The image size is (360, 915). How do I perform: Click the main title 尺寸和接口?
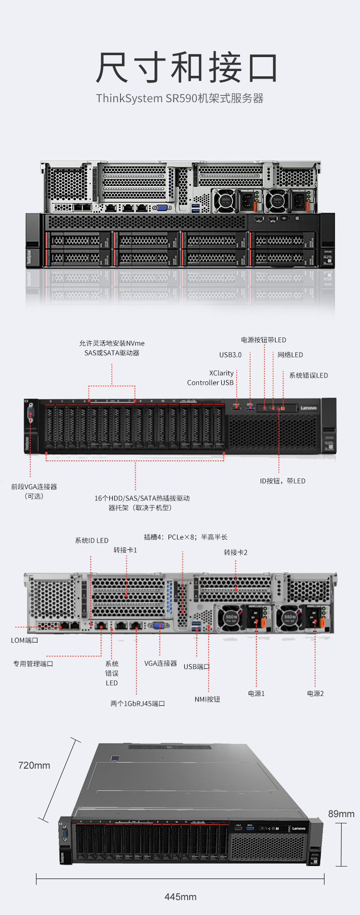pos(187,68)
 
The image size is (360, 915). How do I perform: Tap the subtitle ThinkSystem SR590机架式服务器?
pos(180,98)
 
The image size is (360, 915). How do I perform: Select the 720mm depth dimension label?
pos(34,765)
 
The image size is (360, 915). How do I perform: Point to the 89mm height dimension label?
pos(341,814)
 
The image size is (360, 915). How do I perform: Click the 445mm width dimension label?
pos(180,897)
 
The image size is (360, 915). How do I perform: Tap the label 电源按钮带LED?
pos(264,340)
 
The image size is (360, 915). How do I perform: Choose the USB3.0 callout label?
pos(230,355)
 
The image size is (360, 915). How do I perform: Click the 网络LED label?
pos(290,355)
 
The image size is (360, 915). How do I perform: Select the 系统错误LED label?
pos(309,375)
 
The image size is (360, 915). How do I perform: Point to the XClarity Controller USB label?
pos(211,378)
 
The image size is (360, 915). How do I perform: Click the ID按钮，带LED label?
pos(283,481)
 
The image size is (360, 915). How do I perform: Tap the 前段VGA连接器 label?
pos(34,487)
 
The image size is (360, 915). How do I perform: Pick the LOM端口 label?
pos(24,640)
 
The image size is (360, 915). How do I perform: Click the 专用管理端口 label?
pos(33,664)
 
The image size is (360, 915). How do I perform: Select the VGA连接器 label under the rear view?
pos(161,663)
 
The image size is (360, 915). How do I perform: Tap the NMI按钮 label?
pos(207,699)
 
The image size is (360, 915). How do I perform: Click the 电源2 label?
pos(315,693)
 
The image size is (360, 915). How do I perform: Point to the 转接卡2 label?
pos(236,552)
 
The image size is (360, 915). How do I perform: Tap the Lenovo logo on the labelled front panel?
pos(309,408)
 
